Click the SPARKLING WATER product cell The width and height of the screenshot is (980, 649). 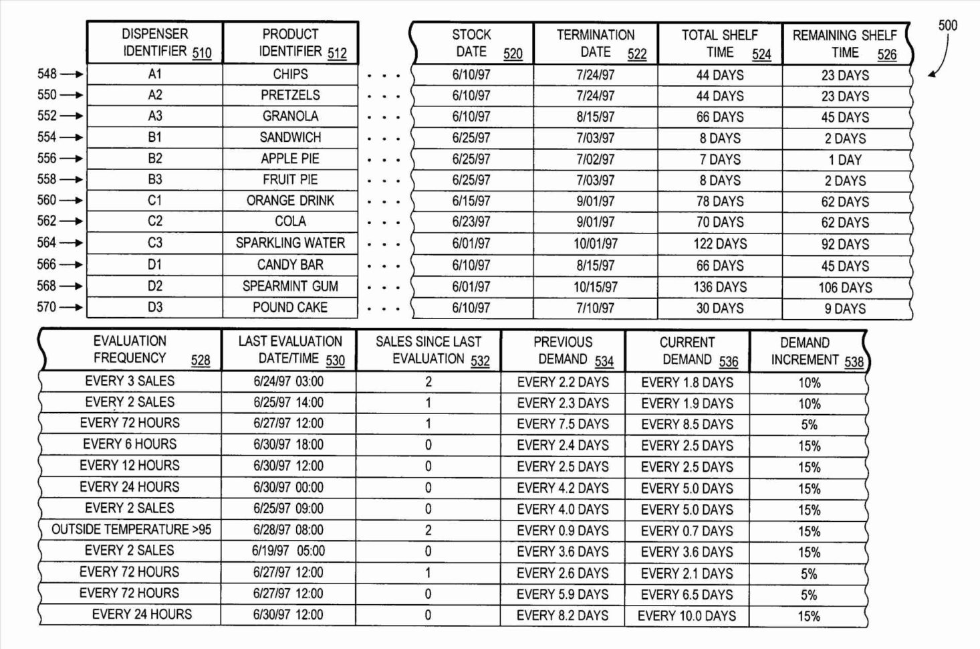(x=290, y=243)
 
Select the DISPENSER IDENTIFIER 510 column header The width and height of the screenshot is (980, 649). (x=155, y=43)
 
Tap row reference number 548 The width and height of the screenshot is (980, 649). (x=47, y=74)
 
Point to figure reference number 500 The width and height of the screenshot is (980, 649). (x=947, y=25)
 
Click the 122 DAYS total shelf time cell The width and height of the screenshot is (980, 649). (x=720, y=244)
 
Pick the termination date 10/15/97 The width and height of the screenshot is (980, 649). (x=595, y=287)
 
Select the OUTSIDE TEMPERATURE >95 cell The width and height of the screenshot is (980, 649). (x=131, y=530)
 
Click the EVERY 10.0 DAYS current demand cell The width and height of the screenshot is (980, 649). (x=687, y=616)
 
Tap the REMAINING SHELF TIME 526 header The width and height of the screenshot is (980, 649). (x=845, y=44)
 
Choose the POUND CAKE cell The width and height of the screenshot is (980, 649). (x=290, y=308)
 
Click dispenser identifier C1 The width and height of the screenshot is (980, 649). (x=155, y=200)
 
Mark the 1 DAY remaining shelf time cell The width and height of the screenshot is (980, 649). (x=845, y=160)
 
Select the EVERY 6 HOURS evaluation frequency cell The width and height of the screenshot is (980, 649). (x=130, y=444)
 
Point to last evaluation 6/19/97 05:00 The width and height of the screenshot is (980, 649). (x=288, y=551)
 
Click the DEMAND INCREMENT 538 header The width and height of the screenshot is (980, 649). (x=809, y=351)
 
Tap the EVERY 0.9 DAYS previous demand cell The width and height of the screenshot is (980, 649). (x=562, y=531)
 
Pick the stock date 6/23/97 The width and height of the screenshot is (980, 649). (x=471, y=222)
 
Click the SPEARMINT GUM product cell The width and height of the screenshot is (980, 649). (x=290, y=286)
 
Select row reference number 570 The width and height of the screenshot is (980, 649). (x=47, y=307)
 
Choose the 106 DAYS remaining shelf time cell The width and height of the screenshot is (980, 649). (x=845, y=288)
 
